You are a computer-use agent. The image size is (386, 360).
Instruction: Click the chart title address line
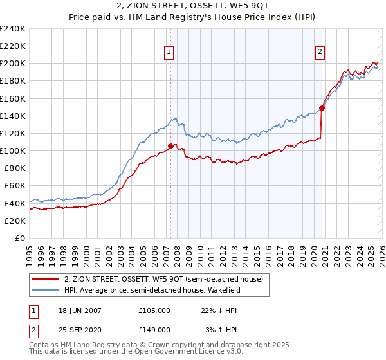tap(193, 6)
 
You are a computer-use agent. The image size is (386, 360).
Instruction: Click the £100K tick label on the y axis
tap(12, 150)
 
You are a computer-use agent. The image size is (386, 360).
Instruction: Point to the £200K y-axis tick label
tap(12, 64)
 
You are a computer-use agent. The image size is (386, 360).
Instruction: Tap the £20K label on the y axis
tap(15, 221)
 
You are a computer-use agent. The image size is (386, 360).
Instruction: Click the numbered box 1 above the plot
tap(169, 53)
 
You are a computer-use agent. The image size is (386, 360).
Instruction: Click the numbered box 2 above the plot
tap(320, 53)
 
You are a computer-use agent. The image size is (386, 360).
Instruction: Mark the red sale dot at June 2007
tap(170, 146)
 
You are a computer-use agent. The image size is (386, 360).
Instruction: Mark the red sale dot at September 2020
tap(322, 108)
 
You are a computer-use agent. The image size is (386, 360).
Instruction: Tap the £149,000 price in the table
tap(154, 329)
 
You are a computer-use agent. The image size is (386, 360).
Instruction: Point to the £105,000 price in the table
tap(154, 310)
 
